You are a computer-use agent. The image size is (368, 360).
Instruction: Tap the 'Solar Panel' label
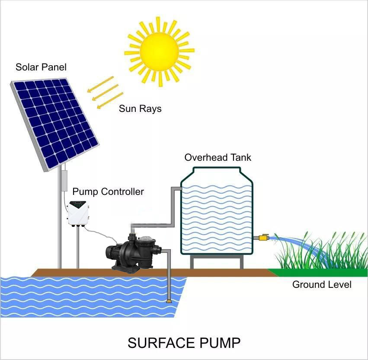pyautogui.click(x=41, y=67)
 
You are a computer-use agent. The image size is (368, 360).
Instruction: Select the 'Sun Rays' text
pyautogui.click(x=140, y=108)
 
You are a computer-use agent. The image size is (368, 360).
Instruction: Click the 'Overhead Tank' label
pyautogui.click(x=218, y=157)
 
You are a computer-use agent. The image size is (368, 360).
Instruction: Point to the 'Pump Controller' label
pyautogui.click(x=108, y=191)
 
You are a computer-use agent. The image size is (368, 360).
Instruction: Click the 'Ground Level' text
pyautogui.click(x=322, y=284)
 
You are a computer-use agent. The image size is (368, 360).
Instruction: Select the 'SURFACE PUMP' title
pyautogui.click(x=184, y=343)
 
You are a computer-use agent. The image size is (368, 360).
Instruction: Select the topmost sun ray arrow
pyautogui.click(x=100, y=84)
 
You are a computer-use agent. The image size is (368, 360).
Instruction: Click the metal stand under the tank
pyautogui.click(x=216, y=261)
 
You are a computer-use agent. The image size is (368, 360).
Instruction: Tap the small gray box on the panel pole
pyautogui.click(x=64, y=181)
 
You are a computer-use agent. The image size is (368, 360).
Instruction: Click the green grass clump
pyautogui.click(x=320, y=255)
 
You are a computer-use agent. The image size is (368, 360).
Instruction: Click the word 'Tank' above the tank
pyautogui.click(x=240, y=157)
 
